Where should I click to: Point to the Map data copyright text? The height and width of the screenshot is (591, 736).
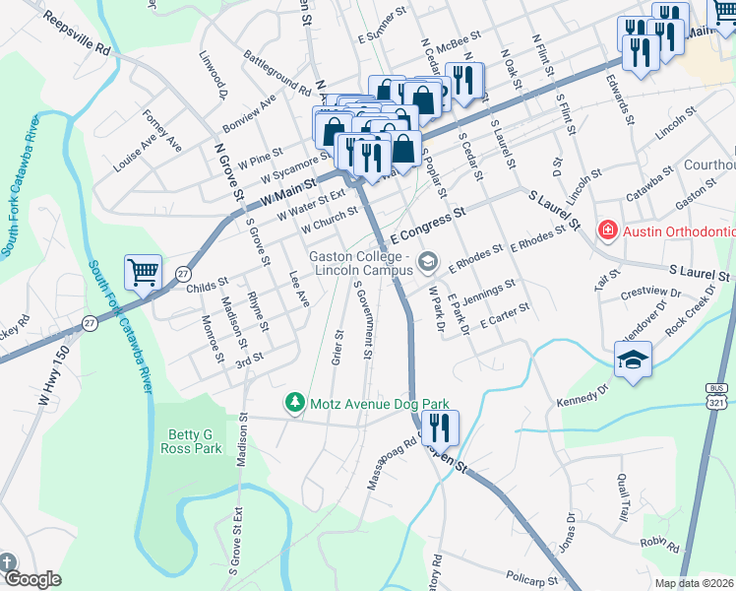(x=695, y=582)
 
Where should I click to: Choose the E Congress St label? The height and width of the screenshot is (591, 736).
(x=427, y=226)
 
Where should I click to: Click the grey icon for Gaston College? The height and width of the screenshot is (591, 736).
(x=427, y=261)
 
